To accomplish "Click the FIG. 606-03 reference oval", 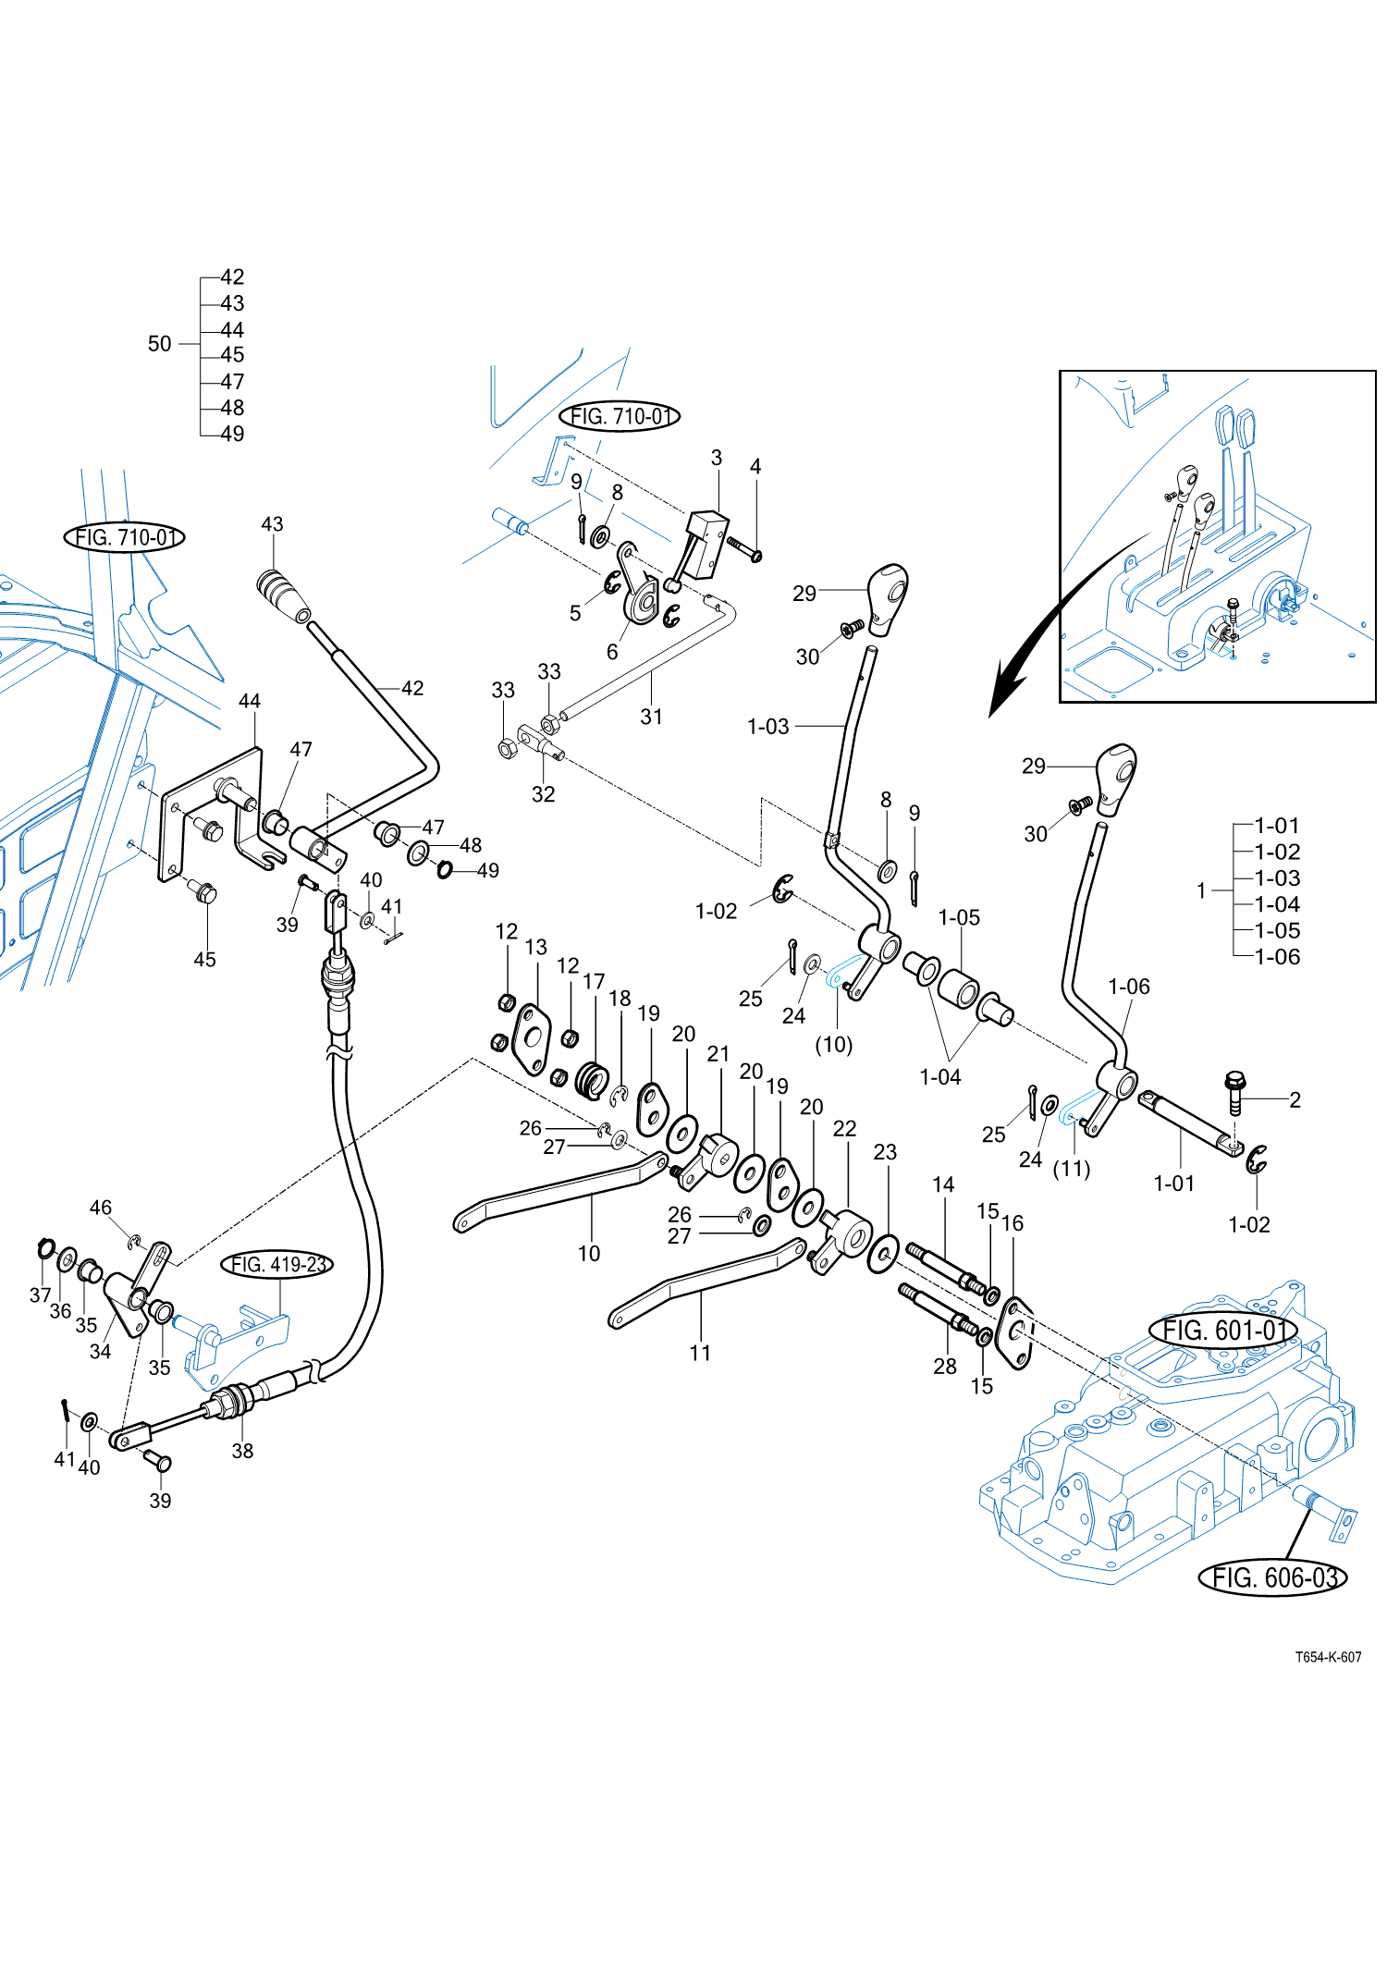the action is (x=1272, y=1577).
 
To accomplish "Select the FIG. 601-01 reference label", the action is (x=1223, y=1330).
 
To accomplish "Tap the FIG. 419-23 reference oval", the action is (x=277, y=1264).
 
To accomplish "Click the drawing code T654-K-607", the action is (x=1328, y=1657).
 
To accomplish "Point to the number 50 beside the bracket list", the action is (x=160, y=344).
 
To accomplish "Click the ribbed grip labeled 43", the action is (x=283, y=596).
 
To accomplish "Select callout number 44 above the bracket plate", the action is (x=250, y=701).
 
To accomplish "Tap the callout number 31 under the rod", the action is (x=652, y=717).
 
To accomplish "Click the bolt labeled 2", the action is (x=1234, y=1092).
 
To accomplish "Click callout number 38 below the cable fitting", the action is (x=242, y=1451).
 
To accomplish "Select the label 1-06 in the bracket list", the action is (x=1277, y=957).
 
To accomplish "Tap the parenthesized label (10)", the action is (x=833, y=1045).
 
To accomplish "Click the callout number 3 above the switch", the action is (x=717, y=458).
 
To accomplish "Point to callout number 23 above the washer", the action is (x=885, y=1152).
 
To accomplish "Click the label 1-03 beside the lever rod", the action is (x=768, y=727).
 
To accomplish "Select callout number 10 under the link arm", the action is (x=589, y=1254).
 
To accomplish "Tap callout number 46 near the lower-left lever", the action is (x=101, y=1208).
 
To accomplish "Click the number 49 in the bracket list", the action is (x=233, y=434).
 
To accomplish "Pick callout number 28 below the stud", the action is (x=945, y=1367).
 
